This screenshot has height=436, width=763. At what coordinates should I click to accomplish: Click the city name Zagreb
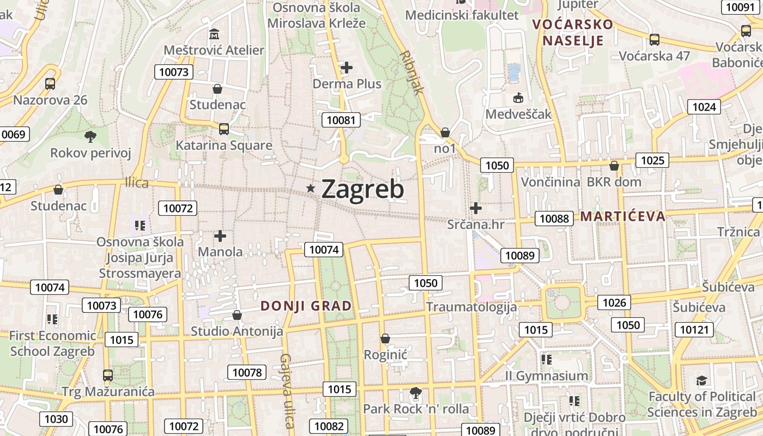coord(362,189)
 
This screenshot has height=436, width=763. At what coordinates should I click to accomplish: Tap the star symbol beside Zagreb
coord(311,189)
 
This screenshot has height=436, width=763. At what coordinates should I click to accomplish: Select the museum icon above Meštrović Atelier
coord(214,34)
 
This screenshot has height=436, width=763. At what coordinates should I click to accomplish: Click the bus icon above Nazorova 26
coord(50,84)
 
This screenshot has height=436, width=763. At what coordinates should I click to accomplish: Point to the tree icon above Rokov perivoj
coord(90,136)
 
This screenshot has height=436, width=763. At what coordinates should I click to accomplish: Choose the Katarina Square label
coord(223,146)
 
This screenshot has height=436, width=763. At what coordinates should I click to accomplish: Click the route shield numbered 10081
coord(341,120)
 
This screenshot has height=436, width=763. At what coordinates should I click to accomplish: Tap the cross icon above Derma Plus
coord(347,68)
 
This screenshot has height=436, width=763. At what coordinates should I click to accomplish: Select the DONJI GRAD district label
coord(306,306)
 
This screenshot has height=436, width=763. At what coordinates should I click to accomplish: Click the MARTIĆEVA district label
coord(622,216)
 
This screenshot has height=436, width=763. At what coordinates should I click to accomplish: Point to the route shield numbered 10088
coord(554,219)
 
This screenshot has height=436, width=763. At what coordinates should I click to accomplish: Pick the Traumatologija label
coord(471,306)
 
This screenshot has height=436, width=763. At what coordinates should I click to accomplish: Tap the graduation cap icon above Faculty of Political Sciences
coord(702,380)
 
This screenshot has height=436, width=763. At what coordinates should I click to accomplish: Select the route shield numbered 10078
coord(247,373)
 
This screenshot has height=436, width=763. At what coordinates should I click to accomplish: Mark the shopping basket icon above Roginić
coord(385,338)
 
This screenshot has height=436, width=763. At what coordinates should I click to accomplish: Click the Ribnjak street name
coord(411,72)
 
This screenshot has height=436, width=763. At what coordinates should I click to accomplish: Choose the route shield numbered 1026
coord(614,302)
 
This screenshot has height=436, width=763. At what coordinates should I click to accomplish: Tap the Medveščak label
coord(518,114)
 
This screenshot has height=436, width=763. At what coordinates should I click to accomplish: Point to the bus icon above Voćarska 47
coord(654,40)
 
